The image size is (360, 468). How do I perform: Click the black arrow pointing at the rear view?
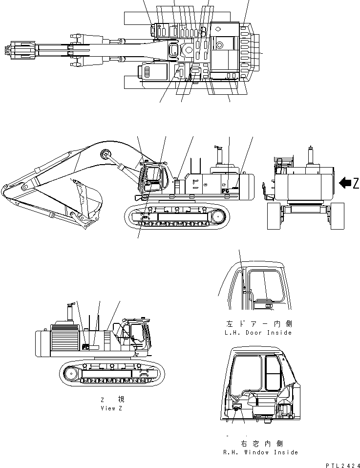point(345,183)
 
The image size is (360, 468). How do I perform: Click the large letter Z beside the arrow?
point(356,183)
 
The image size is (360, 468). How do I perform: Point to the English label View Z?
point(111,408)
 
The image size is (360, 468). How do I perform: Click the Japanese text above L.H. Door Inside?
point(259,324)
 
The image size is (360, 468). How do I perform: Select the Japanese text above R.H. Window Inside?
point(262,444)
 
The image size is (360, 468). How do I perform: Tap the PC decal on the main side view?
point(226,191)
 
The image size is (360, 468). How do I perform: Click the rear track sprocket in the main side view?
point(218,215)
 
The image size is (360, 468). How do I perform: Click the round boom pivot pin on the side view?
point(104,154)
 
